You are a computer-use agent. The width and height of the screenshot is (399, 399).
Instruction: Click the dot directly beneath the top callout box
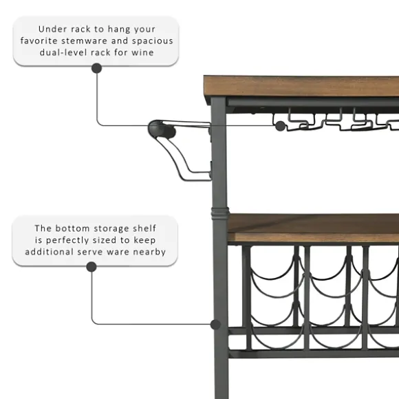point(97,68)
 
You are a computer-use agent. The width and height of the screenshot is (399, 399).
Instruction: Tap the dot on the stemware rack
point(281,126)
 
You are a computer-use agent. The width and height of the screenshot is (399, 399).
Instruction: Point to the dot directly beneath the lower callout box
point(91,267)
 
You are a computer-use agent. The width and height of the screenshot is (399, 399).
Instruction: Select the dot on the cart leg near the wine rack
point(215,325)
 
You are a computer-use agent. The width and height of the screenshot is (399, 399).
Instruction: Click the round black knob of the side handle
point(162,129)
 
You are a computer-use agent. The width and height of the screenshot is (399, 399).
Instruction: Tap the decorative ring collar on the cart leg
point(220,213)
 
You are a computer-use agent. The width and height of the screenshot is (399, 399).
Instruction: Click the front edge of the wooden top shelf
point(301,86)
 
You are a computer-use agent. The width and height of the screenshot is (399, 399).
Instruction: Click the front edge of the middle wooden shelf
point(314,237)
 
